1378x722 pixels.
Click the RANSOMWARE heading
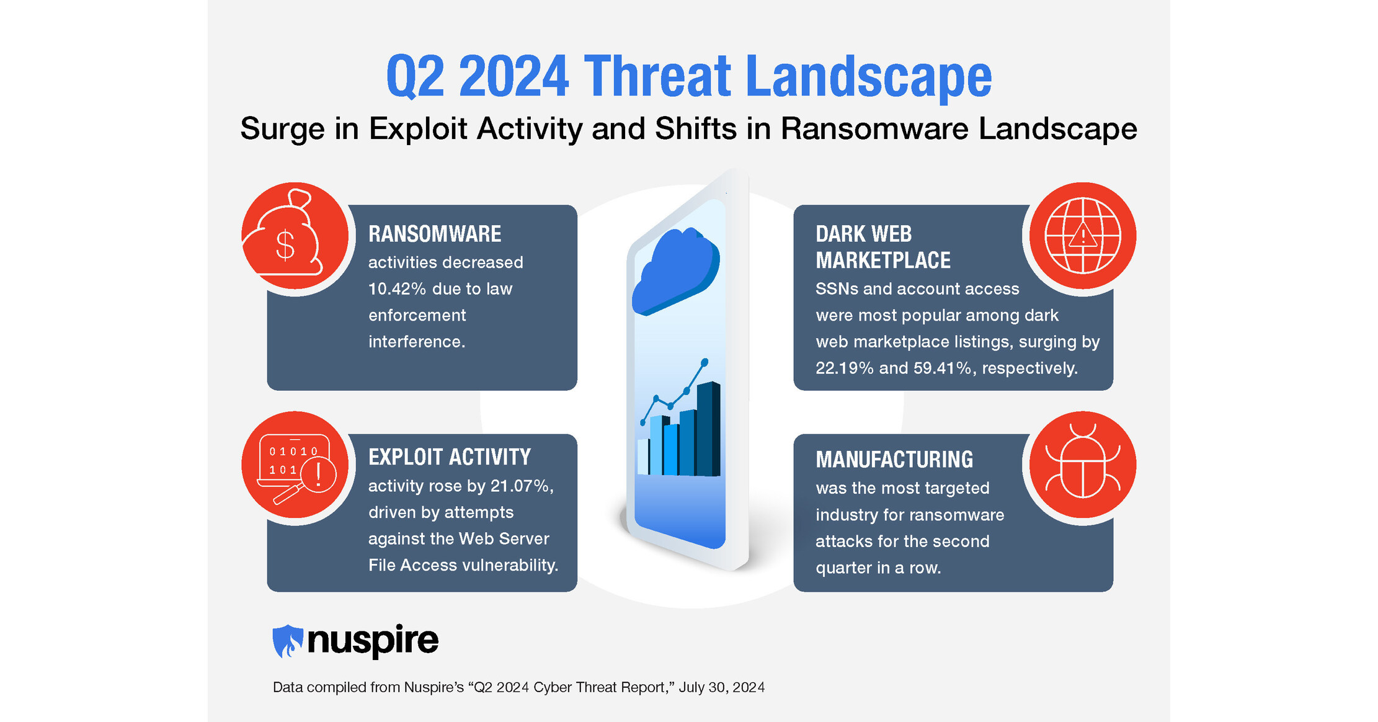point(434,234)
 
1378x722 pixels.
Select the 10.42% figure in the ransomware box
point(397,289)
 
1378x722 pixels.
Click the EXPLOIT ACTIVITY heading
point(449,457)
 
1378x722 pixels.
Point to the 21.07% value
point(520,486)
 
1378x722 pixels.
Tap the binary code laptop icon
point(296,467)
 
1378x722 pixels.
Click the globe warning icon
point(1082,236)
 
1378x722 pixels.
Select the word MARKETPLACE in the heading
point(882,261)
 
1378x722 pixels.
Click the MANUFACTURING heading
point(894,460)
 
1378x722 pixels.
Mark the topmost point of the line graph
point(705,362)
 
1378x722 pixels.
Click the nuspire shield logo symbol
point(287,641)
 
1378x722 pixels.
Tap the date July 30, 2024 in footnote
point(721,687)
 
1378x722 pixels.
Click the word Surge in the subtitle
point(282,129)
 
